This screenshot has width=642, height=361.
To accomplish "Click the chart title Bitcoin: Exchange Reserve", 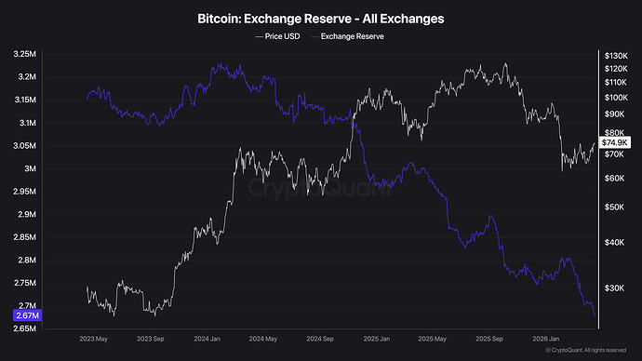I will [321, 19].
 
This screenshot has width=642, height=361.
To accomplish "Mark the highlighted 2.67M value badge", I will [25, 315].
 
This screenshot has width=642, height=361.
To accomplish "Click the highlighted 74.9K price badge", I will [616, 142].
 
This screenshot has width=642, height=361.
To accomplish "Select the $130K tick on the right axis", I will [617, 55].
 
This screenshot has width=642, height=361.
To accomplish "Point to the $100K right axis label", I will [617, 98].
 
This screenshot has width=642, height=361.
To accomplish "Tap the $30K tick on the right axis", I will [615, 288].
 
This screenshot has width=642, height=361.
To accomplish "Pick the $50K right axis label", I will [615, 207].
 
